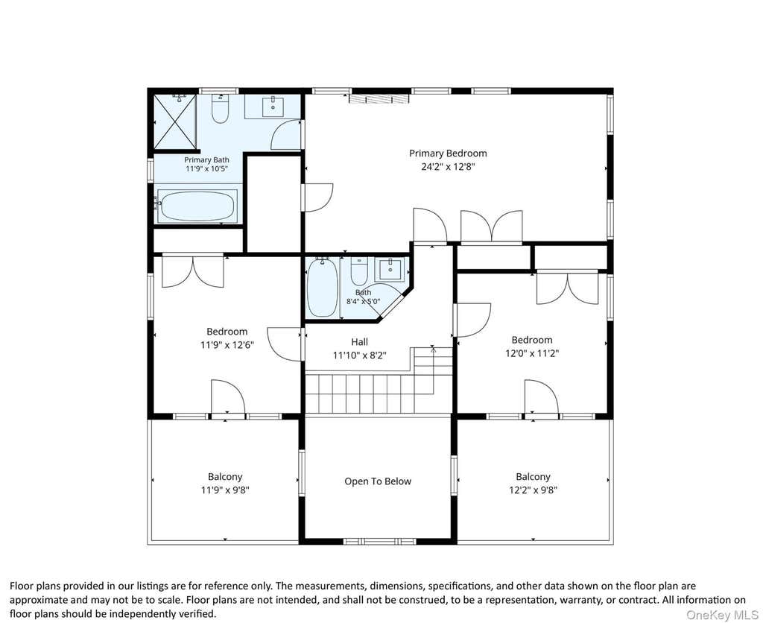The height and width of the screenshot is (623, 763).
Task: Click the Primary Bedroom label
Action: [x=448, y=154]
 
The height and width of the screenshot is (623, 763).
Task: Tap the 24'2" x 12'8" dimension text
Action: [x=448, y=167]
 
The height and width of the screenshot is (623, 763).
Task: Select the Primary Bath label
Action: [x=206, y=159]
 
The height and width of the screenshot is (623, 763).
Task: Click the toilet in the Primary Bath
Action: [x=220, y=108]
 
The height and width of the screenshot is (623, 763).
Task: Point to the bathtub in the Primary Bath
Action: [x=197, y=206]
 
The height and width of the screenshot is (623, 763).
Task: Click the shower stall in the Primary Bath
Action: [x=175, y=121]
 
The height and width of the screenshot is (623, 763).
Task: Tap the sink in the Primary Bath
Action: [x=273, y=106]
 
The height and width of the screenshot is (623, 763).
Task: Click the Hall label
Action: [x=360, y=341]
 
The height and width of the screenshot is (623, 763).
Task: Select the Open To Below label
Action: [x=378, y=481]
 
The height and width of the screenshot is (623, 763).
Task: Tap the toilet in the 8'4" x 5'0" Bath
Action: [x=359, y=271]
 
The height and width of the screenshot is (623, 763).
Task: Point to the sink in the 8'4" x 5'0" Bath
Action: [x=390, y=269]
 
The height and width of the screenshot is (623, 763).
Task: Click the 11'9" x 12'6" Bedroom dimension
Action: [x=227, y=346]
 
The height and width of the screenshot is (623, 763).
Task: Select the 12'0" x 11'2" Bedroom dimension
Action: [x=532, y=354]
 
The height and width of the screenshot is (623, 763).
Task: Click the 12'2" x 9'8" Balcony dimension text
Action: [x=533, y=490]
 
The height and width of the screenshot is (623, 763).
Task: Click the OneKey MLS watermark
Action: [x=722, y=615]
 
